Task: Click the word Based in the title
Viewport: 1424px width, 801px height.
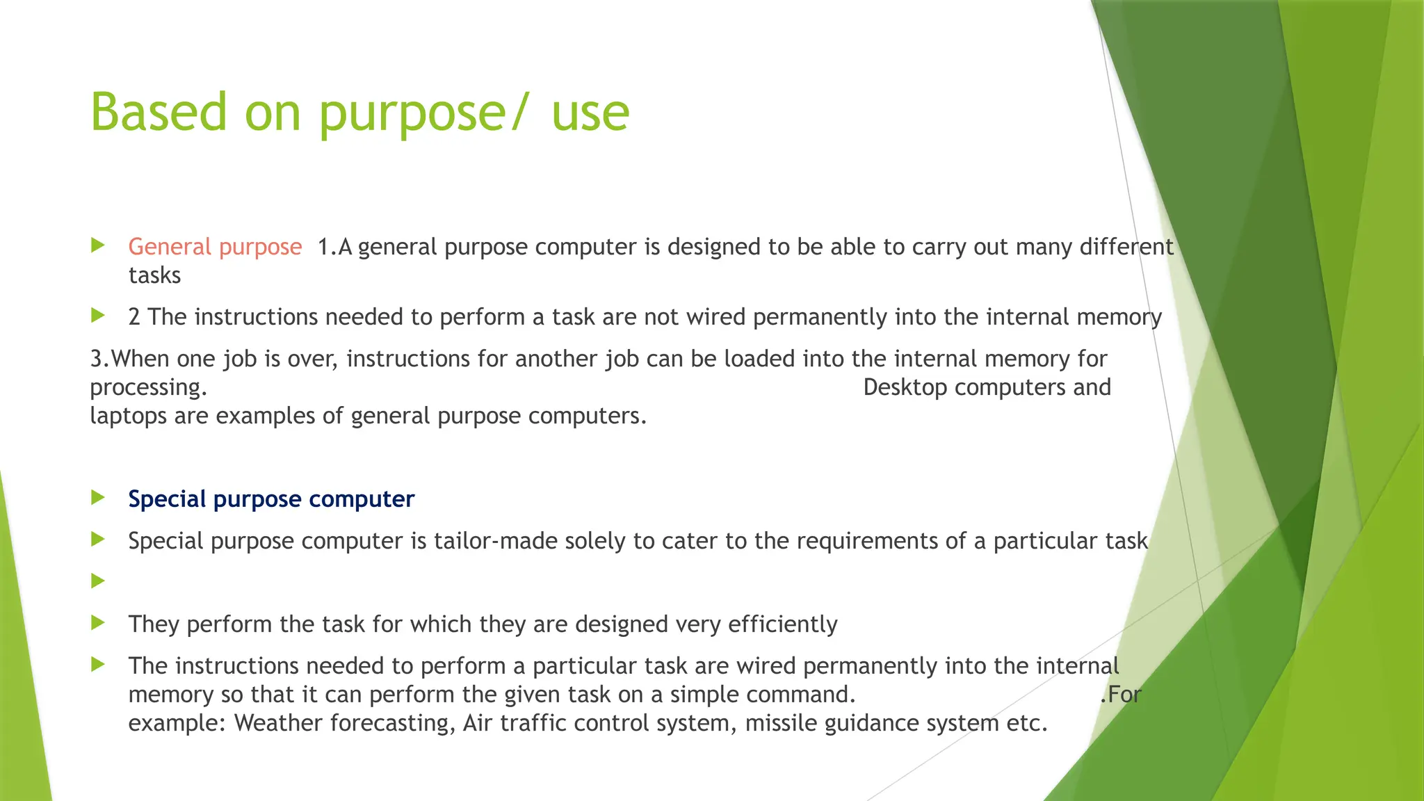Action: click(159, 112)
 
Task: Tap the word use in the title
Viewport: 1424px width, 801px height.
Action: click(590, 113)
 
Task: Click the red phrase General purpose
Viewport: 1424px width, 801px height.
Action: click(215, 247)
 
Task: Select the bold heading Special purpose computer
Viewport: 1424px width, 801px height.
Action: click(271, 499)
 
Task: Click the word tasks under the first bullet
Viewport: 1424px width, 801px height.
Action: click(154, 275)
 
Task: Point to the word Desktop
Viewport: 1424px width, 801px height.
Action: click(905, 387)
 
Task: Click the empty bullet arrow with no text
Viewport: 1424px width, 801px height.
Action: click(98, 581)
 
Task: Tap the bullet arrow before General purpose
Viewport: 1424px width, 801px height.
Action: click(98, 245)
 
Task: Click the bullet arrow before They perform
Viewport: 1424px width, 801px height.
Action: click(98, 622)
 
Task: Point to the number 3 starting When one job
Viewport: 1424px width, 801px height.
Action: click(96, 359)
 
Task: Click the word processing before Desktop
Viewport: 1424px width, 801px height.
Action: click(147, 388)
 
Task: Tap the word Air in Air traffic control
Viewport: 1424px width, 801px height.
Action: click(478, 723)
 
